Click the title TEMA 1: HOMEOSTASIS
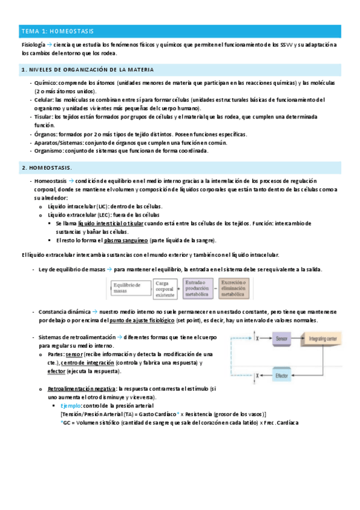57,31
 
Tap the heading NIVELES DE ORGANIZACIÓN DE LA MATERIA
88,70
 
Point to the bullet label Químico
46,83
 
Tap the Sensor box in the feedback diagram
282,340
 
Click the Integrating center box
328,340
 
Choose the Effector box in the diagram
281,376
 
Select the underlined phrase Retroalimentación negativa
82,389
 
